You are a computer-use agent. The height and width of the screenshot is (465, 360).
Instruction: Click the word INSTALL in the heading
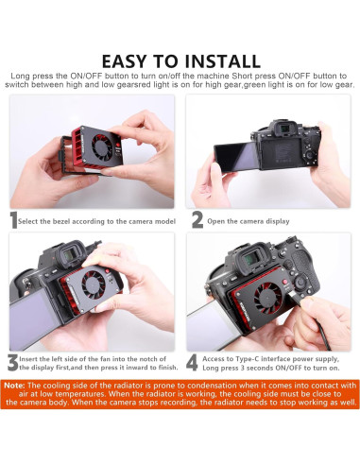coord(222,61)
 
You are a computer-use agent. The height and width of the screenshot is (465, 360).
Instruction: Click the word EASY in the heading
coord(124,61)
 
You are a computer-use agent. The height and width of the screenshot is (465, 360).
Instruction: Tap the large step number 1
coord(13,220)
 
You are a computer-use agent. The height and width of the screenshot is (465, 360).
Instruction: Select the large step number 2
coord(197,220)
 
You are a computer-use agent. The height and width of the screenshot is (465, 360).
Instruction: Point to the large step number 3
coord(12,363)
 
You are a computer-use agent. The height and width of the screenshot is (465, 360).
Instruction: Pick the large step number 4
coord(192,363)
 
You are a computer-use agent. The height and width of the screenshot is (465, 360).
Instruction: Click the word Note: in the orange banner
coord(14,386)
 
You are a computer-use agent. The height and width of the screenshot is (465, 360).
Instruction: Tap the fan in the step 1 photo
coord(102,146)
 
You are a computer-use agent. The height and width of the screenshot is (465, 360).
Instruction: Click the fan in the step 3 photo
coord(94,284)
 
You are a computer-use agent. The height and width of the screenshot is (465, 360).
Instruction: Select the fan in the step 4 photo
coord(267,297)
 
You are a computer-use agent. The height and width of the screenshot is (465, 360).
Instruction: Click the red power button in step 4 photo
coord(285,283)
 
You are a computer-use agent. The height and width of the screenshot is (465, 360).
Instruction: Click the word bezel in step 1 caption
coord(61,221)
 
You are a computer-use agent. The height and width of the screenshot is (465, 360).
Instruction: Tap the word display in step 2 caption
coord(278,221)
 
